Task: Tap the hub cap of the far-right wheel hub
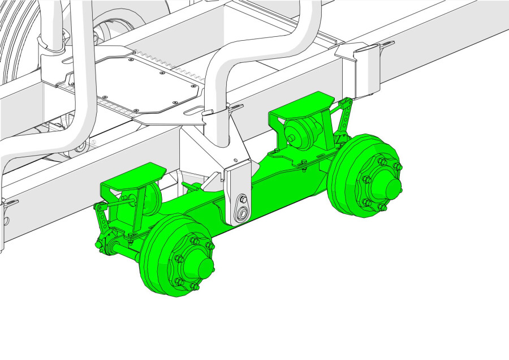[x=389, y=186]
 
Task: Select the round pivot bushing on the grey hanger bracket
[x=243, y=213]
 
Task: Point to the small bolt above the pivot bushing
[x=241, y=199]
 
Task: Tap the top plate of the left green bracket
[x=131, y=176]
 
